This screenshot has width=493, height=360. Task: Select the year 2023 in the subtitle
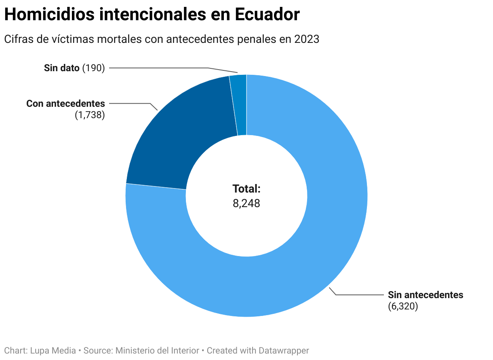pos(307,39)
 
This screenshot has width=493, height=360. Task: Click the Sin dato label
pos(61,68)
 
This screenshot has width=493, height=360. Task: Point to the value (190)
pos(93,68)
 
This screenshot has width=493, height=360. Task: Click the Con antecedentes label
pos(65,104)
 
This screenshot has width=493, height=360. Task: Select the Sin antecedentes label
pos(426,295)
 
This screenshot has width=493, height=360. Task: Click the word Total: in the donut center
pos(247,189)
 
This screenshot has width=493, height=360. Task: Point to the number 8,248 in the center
pos(247,203)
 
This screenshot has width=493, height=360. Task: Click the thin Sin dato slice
pos(239,105)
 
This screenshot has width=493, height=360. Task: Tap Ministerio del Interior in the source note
pos(158,351)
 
